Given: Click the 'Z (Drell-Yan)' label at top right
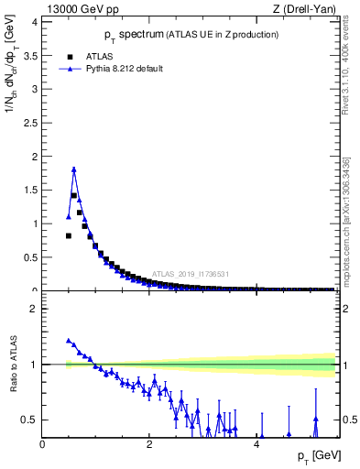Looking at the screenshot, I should (x=305, y=9).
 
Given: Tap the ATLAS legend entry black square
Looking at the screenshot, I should (x=70, y=56).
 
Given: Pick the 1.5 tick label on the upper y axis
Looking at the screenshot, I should (x=33, y=190).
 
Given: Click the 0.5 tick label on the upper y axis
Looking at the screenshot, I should (x=33, y=257).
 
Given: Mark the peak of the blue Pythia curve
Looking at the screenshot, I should (x=73, y=169).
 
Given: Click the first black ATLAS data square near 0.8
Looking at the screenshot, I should (x=69, y=235).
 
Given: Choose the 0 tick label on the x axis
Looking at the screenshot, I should (x=42, y=444).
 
